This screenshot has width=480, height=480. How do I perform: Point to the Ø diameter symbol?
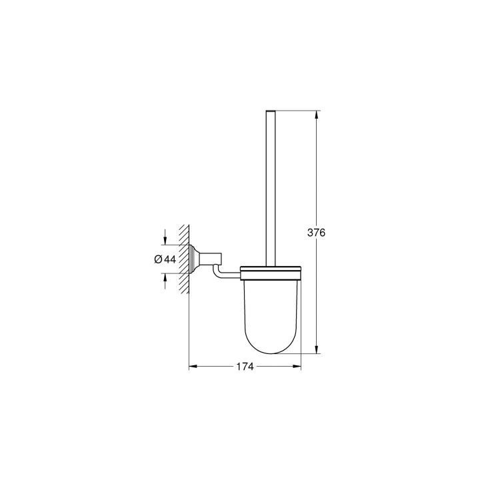(159, 259)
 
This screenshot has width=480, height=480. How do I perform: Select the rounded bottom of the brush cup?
(269, 347)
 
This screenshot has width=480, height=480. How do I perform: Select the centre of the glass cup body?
(269, 307)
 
